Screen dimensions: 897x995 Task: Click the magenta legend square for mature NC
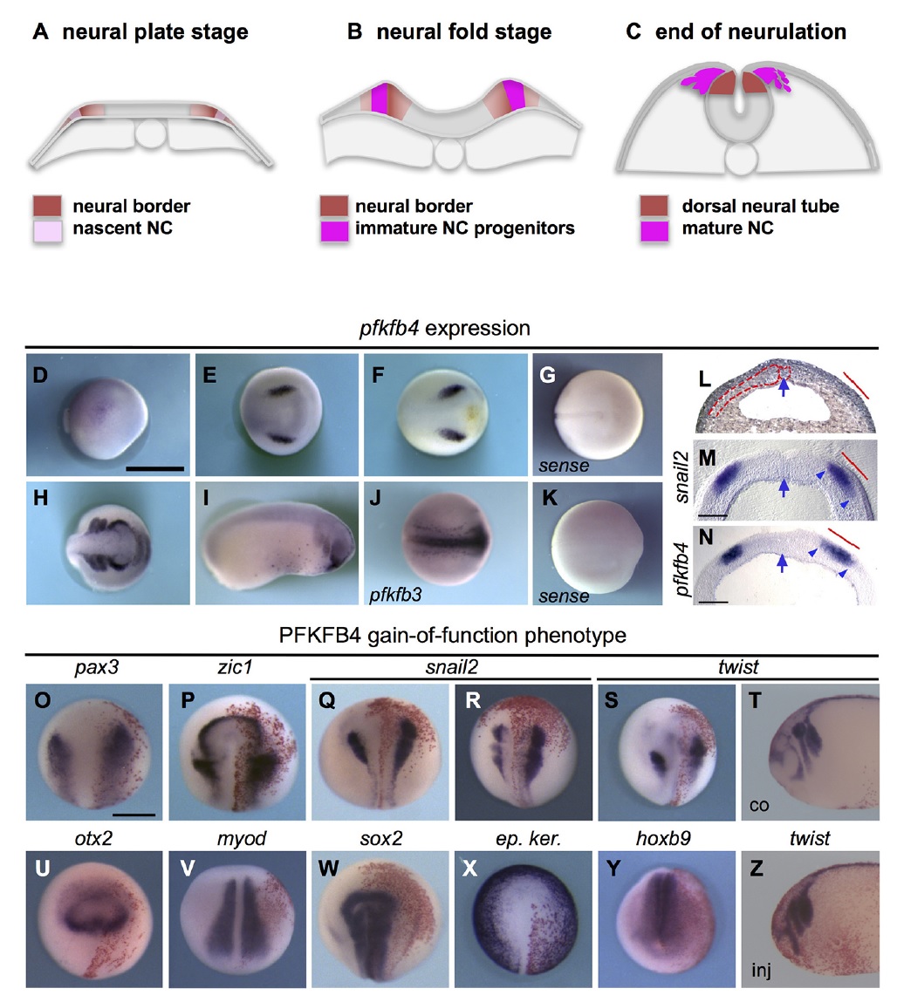(x=654, y=230)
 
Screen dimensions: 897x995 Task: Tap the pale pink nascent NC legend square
(x=48, y=230)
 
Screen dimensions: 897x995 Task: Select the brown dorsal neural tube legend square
(x=654, y=206)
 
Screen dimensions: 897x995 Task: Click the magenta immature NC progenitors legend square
(x=334, y=230)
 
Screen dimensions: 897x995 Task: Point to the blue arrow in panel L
(x=784, y=385)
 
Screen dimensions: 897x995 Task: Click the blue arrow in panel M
(x=784, y=487)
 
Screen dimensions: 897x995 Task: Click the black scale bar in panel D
(x=155, y=469)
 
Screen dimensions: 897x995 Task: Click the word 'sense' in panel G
(x=564, y=466)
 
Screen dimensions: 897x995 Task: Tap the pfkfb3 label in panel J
(x=396, y=595)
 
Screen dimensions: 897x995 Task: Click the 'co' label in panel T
(x=759, y=806)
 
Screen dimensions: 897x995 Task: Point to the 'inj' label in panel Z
(x=761, y=971)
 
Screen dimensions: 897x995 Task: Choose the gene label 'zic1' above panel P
(x=235, y=667)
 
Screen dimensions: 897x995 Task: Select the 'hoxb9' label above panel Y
(x=663, y=838)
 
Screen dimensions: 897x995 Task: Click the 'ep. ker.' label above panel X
(x=528, y=839)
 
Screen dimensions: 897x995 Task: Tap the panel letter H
(x=41, y=498)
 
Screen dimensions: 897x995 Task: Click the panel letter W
(x=328, y=868)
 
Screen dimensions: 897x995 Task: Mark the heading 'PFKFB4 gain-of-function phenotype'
(x=453, y=635)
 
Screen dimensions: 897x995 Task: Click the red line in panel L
(x=856, y=385)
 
